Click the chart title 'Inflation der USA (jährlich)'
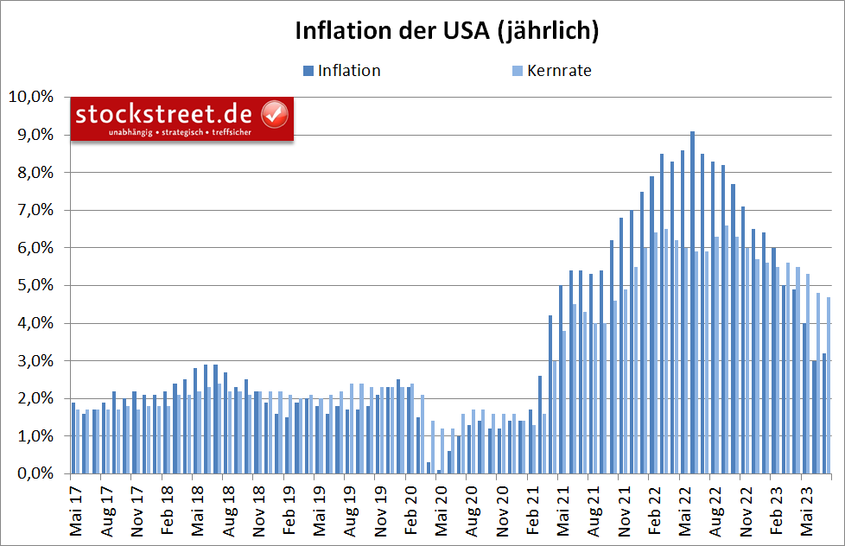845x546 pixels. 447,30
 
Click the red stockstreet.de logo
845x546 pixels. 181,118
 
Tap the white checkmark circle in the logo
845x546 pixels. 275,114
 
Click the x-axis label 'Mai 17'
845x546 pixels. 74,511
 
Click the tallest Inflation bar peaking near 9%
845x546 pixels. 692,302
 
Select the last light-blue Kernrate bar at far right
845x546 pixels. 829,385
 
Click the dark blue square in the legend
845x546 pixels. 308,71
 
